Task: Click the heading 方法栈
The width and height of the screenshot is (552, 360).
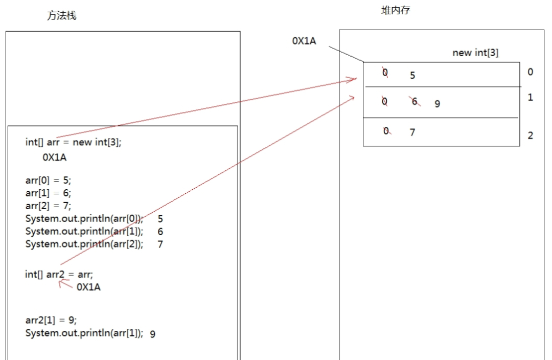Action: click(x=62, y=16)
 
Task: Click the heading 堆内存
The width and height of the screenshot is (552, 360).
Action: click(x=396, y=10)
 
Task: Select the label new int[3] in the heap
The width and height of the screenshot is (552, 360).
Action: click(x=475, y=53)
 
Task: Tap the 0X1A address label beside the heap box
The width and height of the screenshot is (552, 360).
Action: click(x=304, y=41)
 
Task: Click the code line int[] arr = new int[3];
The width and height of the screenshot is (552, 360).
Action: click(x=74, y=142)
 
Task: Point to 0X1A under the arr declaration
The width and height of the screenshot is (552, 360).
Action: click(x=55, y=157)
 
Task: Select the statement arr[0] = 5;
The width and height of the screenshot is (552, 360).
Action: click(x=49, y=181)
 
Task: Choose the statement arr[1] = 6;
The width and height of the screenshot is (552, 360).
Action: click(x=49, y=193)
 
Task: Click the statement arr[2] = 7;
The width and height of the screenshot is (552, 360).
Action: click(x=49, y=206)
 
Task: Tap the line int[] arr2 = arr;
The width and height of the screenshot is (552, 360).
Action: click(x=59, y=274)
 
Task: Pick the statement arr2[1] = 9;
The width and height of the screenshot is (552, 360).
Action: click(x=51, y=321)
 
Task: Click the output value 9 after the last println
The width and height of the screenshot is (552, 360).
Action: click(x=153, y=334)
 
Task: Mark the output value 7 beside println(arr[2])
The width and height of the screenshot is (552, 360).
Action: click(x=160, y=244)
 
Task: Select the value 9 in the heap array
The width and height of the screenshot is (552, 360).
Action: click(x=437, y=104)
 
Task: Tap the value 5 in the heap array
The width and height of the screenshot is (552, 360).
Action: click(x=412, y=76)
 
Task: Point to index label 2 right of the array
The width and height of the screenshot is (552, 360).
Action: click(x=530, y=136)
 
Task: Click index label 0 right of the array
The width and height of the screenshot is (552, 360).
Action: click(x=530, y=72)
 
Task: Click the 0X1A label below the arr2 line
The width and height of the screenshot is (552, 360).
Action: click(x=88, y=287)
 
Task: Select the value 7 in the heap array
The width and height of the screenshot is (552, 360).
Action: click(x=412, y=132)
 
